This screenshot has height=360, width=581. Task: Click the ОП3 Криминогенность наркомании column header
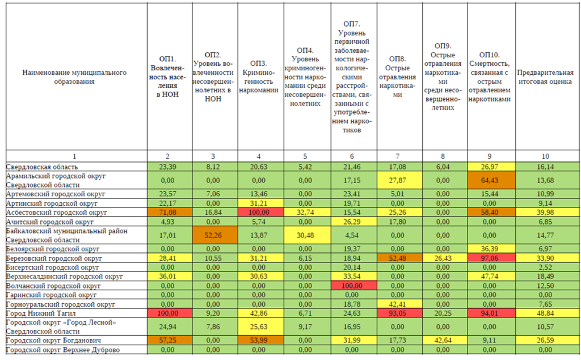click(x=259, y=77)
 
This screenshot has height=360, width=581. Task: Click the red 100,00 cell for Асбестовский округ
click(x=259, y=212)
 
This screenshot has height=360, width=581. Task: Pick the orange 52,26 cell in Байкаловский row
click(x=213, y=235)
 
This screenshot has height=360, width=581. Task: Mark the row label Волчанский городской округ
click(x=53, y=286)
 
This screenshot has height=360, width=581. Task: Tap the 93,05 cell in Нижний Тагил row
click(x=398, y=314)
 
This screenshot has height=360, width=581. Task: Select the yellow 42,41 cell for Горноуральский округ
click(x=398, y=304)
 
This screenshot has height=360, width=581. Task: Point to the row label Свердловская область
click(x=42, y=167)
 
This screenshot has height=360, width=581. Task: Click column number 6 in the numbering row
click(x=352, y=156)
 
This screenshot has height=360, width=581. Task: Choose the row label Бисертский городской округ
click(x=52, y=268)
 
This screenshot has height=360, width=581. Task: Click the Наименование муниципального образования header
click(x=74, y=77)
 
